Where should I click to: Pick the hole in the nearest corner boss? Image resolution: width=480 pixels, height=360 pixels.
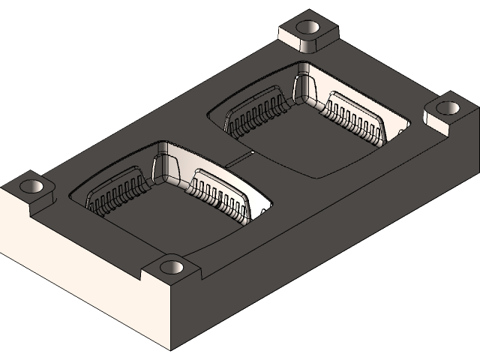tap(172, 267)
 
